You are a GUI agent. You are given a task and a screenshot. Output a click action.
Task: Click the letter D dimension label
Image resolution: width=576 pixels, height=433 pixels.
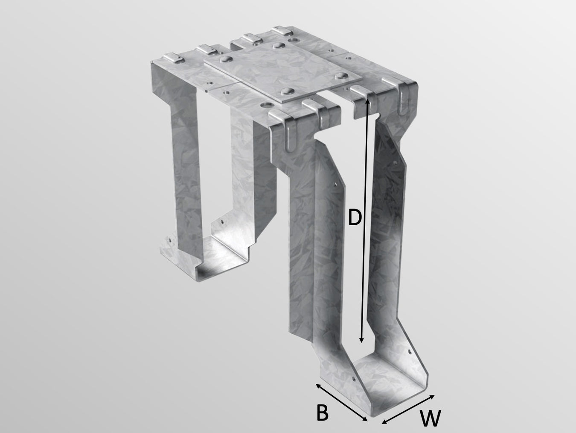[355, 217]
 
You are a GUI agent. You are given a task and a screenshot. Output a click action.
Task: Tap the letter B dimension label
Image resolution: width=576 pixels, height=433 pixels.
[322, 413]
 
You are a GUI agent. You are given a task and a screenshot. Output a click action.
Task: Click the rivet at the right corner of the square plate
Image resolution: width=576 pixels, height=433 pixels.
[340, 76]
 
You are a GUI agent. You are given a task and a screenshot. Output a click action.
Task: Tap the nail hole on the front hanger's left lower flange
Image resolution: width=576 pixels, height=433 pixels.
[354, 379]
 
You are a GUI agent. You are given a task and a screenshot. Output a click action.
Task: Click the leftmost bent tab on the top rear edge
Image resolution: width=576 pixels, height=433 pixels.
[172, 57]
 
